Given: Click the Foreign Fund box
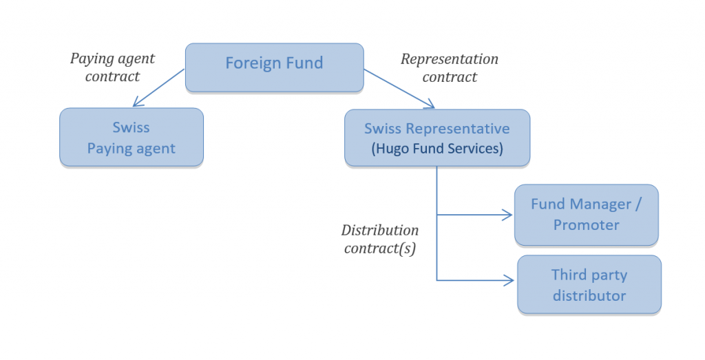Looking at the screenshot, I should pyautogui.click(x=274, y=67).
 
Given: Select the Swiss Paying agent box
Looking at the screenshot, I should pyautogui.click(x=131, y=137).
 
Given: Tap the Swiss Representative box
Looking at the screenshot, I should pyautogui.click(x=436, y=138).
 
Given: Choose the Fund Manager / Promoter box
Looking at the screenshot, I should pyautogui.click(x=586, y=214).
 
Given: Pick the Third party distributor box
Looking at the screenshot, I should pyautogui.click(x=589, y=285).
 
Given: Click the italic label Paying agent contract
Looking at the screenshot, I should pyautogui.click(x=112, y=67).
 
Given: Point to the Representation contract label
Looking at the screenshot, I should pyautogui.click(x=449, y=67).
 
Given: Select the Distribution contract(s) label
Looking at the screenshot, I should pyautogui.click(x=380, y=239).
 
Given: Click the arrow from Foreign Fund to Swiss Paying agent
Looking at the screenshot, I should pyautogui.click(x=159, y=88).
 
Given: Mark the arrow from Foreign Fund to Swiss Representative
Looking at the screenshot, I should pyautogui.click(x=399, y=88).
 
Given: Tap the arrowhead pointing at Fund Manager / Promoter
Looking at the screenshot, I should pyautogui.click(x=508, y=215).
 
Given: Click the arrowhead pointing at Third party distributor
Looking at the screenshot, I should pyautogui.click(x=509, y=280).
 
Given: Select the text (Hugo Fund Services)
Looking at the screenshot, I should pyautogui.click(x=436, y=148).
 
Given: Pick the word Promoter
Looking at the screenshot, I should pyautogui.click(x=586, y=224).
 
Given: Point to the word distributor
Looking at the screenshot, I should pyautogui.click(x=589, y=295).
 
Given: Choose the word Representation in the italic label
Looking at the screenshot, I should pyautogui.click(x=449, y=59).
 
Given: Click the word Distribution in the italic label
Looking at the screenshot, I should pyautogui.click(x=380, y=230).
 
